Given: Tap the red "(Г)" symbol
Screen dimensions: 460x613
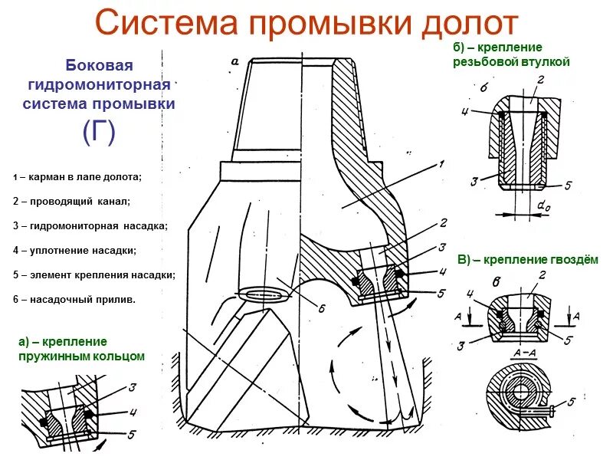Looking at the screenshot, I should coord(99,132).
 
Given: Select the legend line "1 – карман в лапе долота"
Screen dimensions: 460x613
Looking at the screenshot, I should coord(77,177).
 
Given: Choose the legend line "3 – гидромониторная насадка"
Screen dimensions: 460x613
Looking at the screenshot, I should coord(90,226).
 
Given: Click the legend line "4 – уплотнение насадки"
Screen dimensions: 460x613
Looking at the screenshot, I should coord(75,250).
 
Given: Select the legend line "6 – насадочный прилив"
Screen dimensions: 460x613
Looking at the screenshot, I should coord(74,299).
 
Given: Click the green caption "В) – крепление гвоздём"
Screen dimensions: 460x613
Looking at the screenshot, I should coord(528,260).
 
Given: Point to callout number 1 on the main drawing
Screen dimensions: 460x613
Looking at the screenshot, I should coord(442,163).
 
